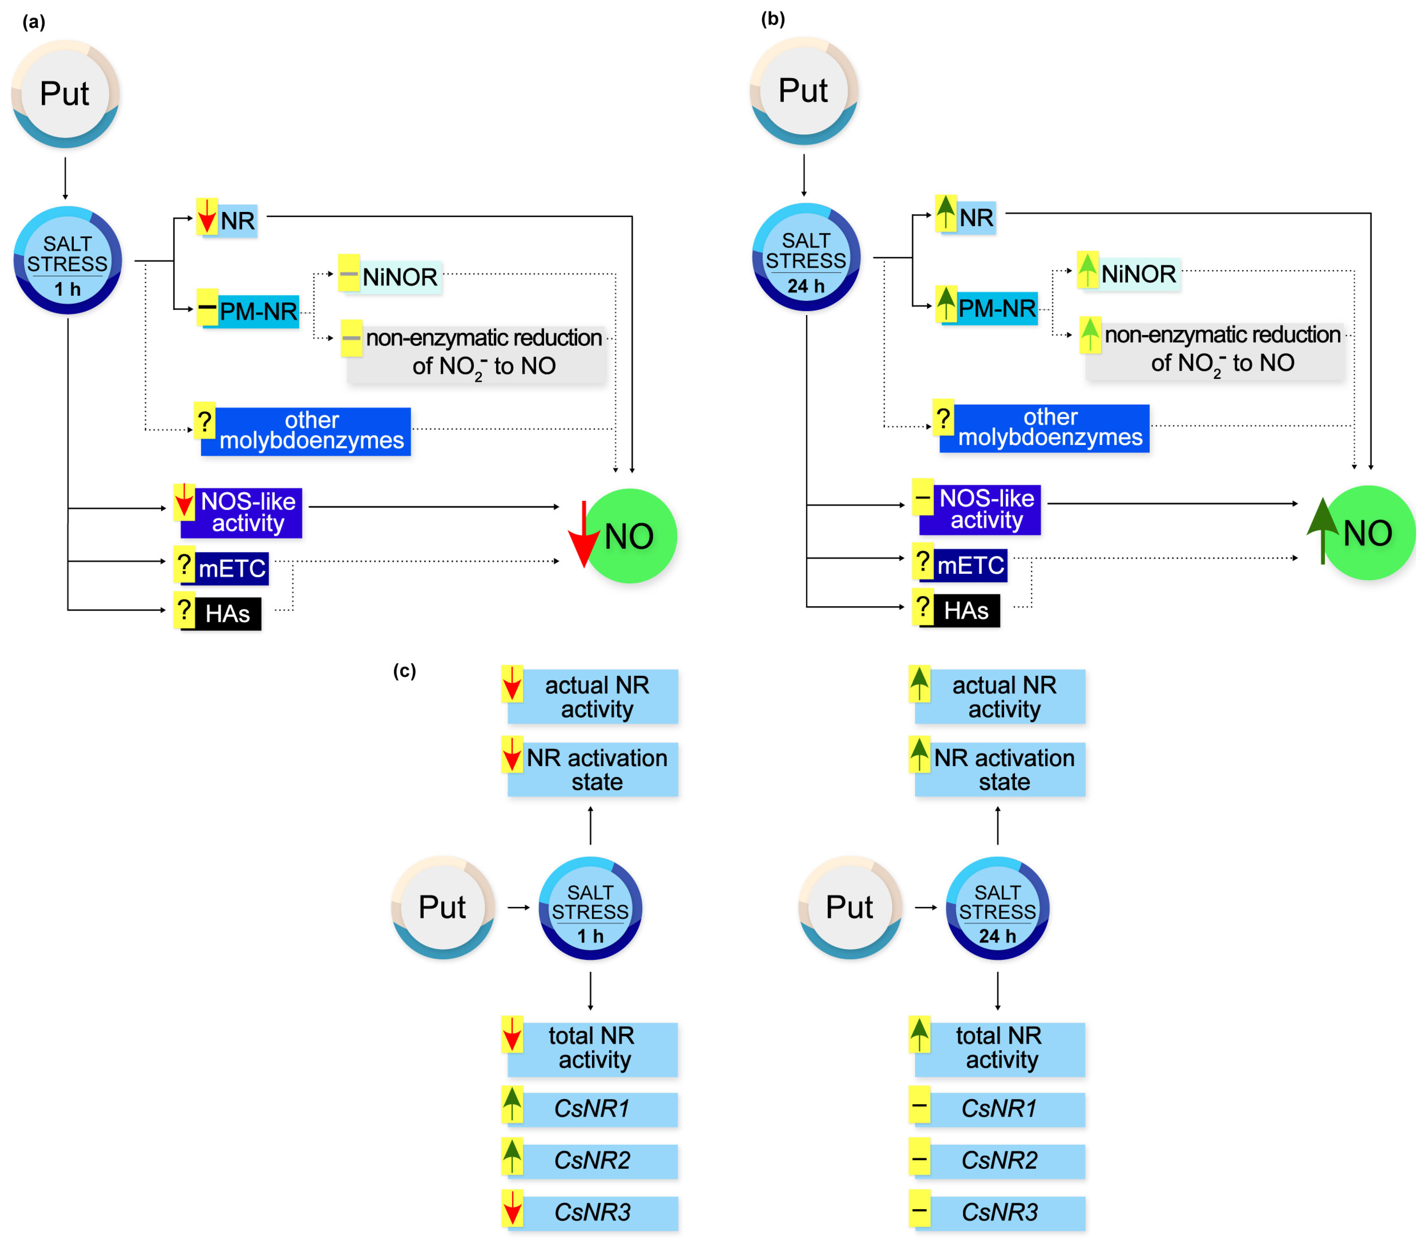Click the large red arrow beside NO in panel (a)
583,534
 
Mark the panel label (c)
404,670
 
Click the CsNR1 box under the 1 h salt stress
592,1109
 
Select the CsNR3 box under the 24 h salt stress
999,1212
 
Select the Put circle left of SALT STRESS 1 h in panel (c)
443,907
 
